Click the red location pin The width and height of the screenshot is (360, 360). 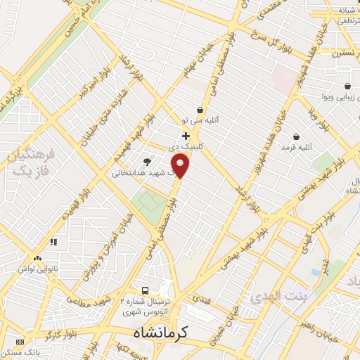point(181,166)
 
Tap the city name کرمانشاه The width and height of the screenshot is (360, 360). point(161,332)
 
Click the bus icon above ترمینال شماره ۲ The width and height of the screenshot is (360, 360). point(146,290)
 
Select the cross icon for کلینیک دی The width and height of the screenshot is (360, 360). point(186,136)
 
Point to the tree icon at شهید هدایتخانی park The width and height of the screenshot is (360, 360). point(146,161)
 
